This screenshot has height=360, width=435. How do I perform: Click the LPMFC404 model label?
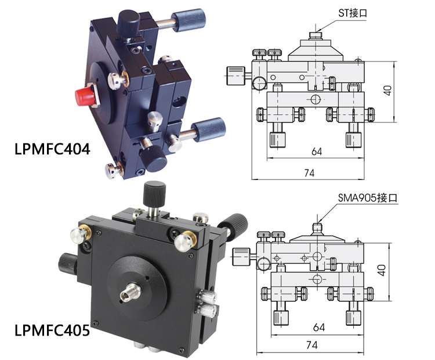[x=52, y=149]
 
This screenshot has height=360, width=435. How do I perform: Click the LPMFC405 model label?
[x=52, y=330]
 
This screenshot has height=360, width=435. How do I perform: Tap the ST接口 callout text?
[x=352, y=13]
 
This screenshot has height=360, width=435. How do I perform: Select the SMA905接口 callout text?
[x=368, y=198]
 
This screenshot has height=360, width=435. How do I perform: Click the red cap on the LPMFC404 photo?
[x=85, y=95]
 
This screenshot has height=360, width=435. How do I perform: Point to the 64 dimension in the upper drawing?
[x=317, y=152]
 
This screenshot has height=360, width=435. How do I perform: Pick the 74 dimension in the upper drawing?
[x=309, y=173]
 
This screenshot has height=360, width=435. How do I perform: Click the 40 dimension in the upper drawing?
[x=387, y=90]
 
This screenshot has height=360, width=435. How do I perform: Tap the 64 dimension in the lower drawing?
[x=319, y=327]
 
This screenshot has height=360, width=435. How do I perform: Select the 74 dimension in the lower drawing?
[x=312, y=345]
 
